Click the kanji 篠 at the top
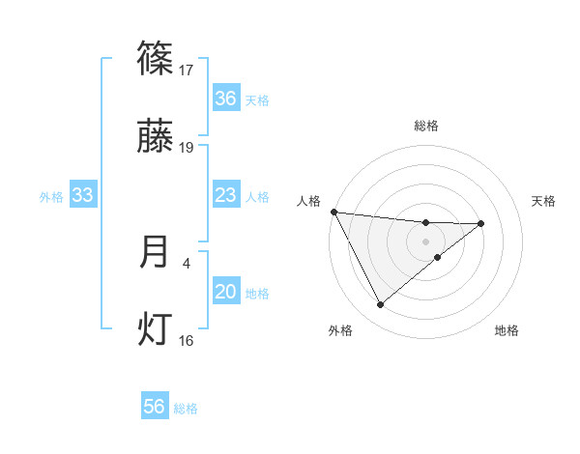tap(156, 59)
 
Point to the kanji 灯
tap(156, 329)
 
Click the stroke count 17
tap(187, 71)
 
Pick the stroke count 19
tap(187, 148)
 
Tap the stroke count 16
tap(187, 340)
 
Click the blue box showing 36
tap(225, 99)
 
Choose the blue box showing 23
tap(225, 196)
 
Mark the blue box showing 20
tap(225, 293)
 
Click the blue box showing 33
tap(83, 196)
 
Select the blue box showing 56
tap(155, 408)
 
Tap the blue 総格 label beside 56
tap(186, 409)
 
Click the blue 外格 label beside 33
tap(51, 197)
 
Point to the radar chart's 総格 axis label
tap(426, 126)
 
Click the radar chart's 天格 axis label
tap(544, 201)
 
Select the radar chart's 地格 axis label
tap(507, 330)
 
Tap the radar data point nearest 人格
tap(333, 212)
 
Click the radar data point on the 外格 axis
tap(380, 305)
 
